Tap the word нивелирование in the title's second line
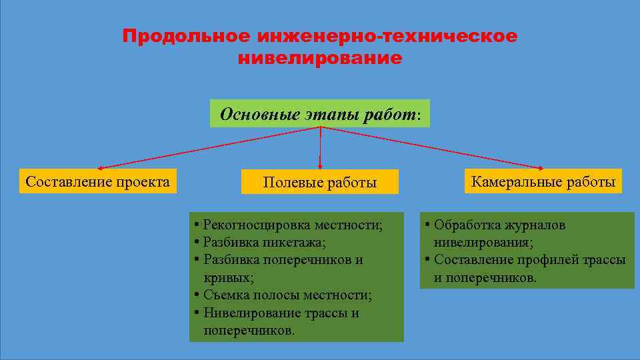coord(320,59)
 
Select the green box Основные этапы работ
coord(320,114)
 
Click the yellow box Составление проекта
coord(98,181)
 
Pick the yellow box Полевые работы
coord(320,182)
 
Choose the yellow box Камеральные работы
coord(543,181)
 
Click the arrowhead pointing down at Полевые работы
coord(320,166)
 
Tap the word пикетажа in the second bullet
coord(303,242)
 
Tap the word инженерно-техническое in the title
coord(383,36)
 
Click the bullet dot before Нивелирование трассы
coord(196,313)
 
